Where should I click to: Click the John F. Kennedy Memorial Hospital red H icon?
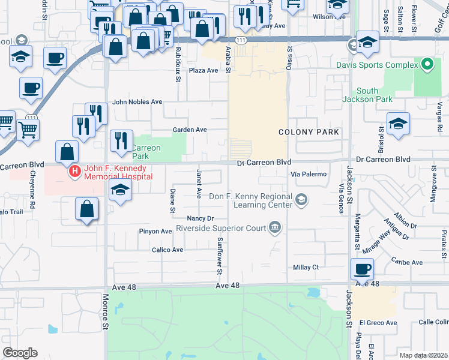point(75,172)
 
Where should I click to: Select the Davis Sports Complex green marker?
point(427,64)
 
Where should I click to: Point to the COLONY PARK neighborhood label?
point(309,132)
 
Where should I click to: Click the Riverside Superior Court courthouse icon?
point(276,227)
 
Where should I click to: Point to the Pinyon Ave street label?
point(155,231)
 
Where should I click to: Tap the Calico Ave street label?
point(167,250)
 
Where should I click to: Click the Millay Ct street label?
point(306,267)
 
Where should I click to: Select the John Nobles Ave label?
point(137,102)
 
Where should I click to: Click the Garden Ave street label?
point(190,130)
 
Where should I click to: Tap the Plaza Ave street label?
point(203,70)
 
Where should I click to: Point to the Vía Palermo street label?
point(309,174)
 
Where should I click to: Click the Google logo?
point(20,353)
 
